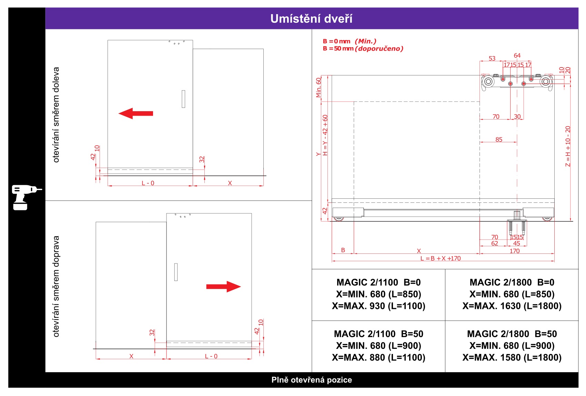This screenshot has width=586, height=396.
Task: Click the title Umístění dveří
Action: (311, 19)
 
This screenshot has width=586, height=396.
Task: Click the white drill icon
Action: (26, 197)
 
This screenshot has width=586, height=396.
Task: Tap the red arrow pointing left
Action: (135, 113)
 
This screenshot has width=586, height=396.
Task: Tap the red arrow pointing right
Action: (223, 287)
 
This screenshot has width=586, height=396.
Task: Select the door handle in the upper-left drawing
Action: (183, 99)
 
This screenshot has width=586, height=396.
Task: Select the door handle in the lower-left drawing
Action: (176, 272)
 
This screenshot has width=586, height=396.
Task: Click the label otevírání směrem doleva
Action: (56, 115)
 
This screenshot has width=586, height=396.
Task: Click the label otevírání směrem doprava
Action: (56, 286)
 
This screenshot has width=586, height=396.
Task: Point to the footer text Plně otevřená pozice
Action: (312, 380)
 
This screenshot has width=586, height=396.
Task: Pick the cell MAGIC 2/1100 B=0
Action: (378, 294)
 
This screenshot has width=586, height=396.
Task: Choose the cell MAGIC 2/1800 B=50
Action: (512, 346)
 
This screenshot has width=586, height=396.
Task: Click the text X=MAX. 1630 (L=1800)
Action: (512, 306)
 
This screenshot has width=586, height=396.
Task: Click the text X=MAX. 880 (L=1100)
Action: (378, 357)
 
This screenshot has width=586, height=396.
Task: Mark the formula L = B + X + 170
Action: (441, 259)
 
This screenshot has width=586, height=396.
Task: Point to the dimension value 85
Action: (499, 139)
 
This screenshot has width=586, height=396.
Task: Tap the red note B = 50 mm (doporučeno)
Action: (363, 49)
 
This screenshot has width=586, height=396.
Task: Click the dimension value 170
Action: (515, 251)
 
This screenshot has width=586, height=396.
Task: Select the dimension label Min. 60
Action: (319, 87)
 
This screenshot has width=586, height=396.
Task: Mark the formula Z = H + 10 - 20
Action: (568, 146)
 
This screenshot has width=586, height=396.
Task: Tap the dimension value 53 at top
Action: (492, 59)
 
